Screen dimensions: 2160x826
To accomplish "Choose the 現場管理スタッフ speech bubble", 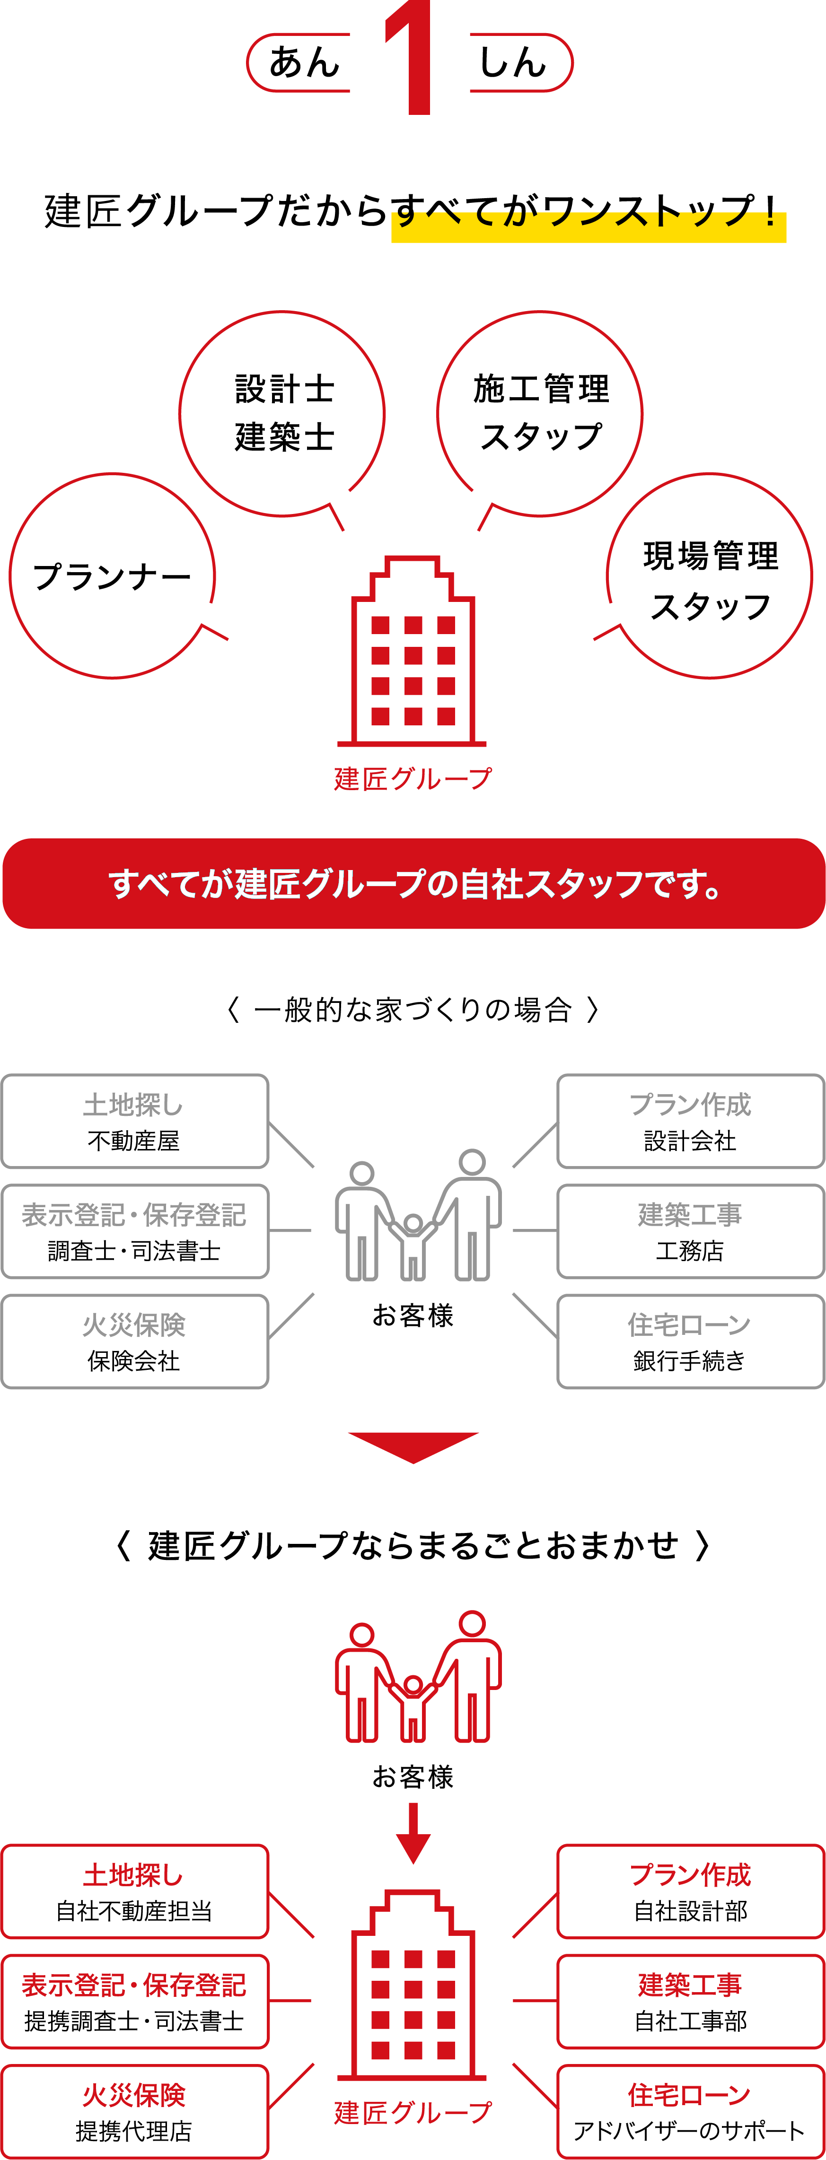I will (710, 576).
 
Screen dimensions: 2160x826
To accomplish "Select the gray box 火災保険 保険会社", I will (135, 1341).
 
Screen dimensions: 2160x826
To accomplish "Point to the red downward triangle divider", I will (413, 1445).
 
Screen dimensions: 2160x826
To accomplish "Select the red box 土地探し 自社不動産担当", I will (135, 1892).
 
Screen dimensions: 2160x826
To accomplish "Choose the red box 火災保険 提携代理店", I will (135, 2111).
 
